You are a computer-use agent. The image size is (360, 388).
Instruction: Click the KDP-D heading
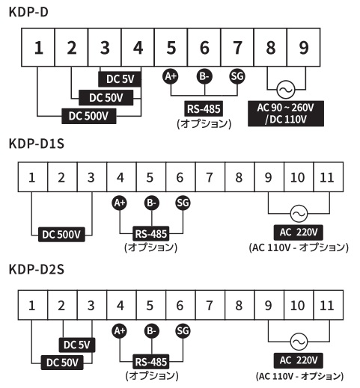[x=28, y=12]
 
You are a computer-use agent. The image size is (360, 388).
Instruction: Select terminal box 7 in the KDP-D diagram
[x=237, y=47]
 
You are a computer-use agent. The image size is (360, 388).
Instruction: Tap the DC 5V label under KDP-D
[x=120, y=79]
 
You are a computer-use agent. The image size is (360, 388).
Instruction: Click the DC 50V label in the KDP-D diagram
[x=106, y=98]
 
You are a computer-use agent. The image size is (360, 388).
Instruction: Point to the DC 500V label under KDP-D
[x=89, y=116]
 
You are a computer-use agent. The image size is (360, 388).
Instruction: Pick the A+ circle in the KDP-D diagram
[x=171, y=76]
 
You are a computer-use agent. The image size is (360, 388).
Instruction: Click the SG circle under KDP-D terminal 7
[x=237, y=76]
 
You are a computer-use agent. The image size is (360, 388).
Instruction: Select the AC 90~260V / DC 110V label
[x=286, y=114]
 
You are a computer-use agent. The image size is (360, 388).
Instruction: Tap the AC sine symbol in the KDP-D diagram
[x=286, y=90]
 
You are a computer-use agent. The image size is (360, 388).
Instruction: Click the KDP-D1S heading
[x=37, y=144]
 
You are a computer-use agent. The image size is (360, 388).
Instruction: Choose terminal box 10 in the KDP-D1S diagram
[x=299, y=177]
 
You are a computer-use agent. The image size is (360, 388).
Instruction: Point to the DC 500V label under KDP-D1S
[x=61, y=235]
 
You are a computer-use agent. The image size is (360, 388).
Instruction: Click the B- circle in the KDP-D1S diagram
[x=152, y=203]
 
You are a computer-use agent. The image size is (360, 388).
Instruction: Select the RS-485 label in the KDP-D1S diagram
[x=151, y=234]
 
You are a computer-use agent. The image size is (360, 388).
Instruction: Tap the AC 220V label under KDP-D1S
[x=299, y=233]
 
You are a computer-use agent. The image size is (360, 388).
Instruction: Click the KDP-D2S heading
[x=37, y=269]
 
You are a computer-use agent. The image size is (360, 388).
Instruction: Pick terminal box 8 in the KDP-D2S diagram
[x=240, y=305]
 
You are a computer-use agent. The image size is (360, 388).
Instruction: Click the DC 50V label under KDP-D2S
[x=62, y=363]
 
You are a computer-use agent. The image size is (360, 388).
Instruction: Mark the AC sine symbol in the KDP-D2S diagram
[x=299, y=342]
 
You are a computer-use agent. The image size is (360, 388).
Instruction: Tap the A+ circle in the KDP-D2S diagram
[x=120, y=331]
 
